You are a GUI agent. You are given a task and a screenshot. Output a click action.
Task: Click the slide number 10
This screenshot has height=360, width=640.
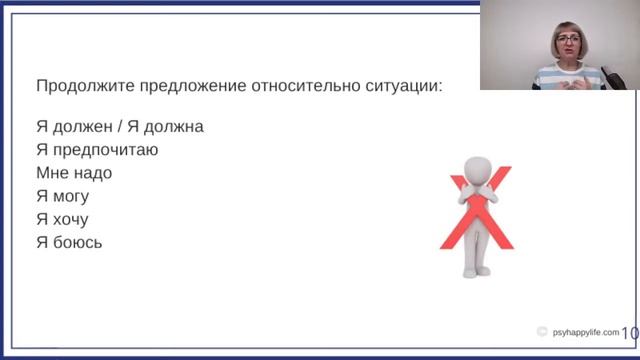630,333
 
